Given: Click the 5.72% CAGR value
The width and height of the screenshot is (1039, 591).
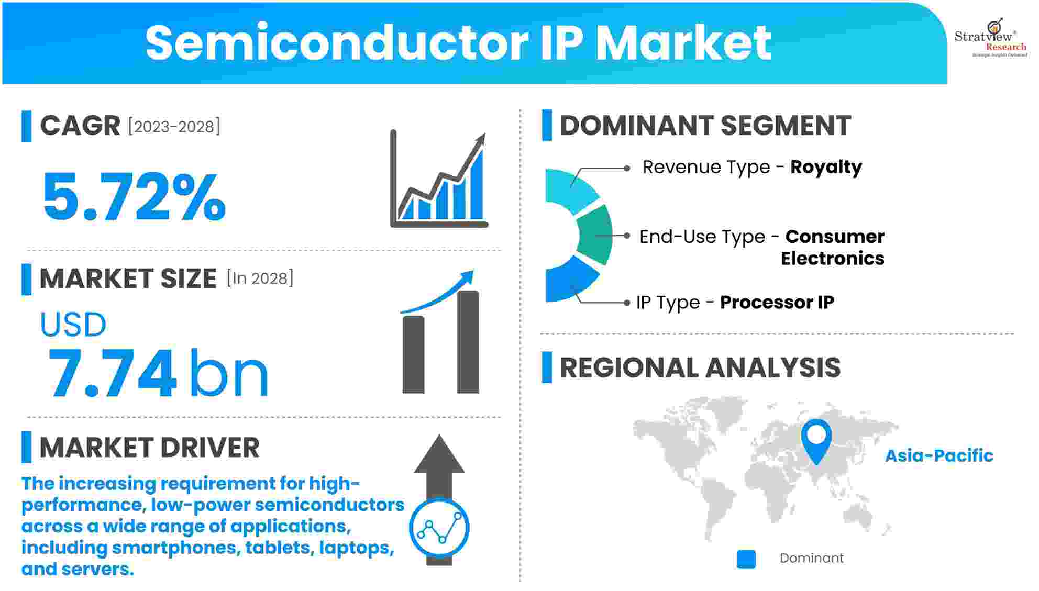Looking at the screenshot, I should point(134,197).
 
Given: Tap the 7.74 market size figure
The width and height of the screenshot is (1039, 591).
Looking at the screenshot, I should point(112,373).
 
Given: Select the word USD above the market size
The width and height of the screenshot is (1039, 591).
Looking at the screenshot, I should point(73,325).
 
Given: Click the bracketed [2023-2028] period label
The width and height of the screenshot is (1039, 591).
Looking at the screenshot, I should point(174,127).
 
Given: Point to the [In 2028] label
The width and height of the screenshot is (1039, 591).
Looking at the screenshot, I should point(260,278).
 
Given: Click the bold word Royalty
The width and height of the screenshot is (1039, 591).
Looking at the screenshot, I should point(826,167).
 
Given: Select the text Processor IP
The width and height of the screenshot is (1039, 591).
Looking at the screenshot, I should point(777,302).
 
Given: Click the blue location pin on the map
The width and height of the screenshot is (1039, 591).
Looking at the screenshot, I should point(816,439).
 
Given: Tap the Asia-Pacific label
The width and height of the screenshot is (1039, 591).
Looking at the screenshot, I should point(938,455).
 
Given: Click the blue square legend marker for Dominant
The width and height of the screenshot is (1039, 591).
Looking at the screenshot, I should point(746,559).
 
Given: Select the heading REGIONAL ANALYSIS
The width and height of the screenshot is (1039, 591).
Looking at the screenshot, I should point(700,367).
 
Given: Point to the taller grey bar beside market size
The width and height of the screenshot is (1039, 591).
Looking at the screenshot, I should point(468,342).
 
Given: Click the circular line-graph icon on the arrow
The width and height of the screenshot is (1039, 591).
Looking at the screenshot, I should point(439,528).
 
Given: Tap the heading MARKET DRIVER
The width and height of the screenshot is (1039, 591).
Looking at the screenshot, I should point(149,448).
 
